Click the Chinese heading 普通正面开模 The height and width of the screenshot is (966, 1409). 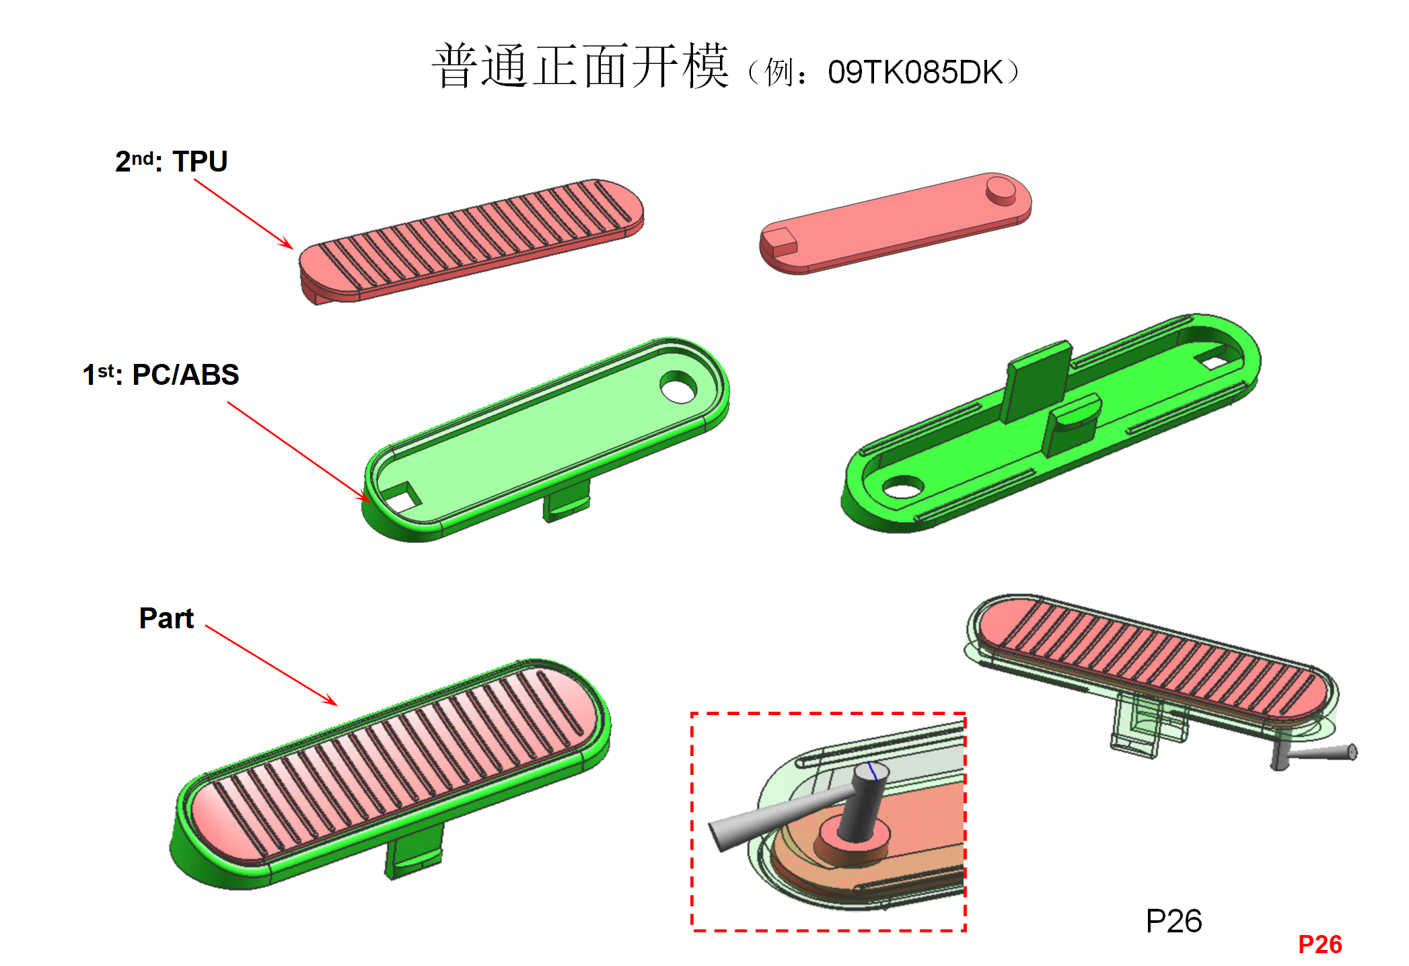[580, 67]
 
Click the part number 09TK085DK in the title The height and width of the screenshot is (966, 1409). [915, 72]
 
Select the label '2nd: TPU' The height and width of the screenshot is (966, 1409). [171, 161]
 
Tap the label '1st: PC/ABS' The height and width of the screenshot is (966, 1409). [161, 375]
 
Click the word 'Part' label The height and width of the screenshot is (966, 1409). [166, 618]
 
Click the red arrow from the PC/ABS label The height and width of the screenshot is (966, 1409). [299, 451]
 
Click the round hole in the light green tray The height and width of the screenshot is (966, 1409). [678, 387]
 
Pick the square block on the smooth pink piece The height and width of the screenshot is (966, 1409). [780, 241]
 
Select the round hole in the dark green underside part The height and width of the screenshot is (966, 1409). [902, 487]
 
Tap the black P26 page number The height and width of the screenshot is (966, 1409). [1173, 921]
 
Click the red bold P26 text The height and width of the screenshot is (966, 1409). [1320, 944]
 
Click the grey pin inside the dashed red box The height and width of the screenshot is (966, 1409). [868, 805]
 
